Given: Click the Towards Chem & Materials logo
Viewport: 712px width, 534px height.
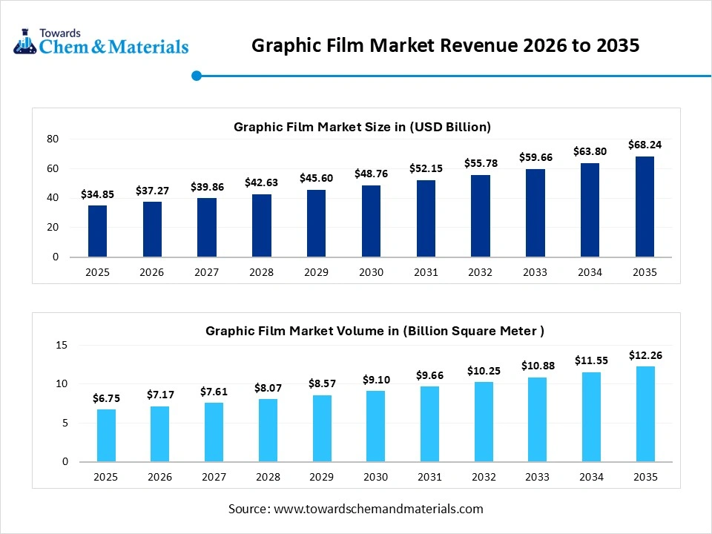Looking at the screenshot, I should [x=101, y=42].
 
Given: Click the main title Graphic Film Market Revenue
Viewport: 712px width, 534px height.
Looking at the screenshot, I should [x=445, y=46].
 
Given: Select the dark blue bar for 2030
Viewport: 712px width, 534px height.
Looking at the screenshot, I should [x=371, y=221].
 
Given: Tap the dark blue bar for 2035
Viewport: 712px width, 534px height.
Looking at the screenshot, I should [x=645, y=207].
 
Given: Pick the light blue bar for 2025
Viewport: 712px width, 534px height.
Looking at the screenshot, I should [x=106, y=435].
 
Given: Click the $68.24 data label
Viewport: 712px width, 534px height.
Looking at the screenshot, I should [x=645, y=145].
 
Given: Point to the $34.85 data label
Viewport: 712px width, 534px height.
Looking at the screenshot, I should [x=97, y=194].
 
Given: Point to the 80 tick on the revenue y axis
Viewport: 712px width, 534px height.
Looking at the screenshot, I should [x=53, y=139].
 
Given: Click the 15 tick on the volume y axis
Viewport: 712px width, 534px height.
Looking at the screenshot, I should [x=62, y=346].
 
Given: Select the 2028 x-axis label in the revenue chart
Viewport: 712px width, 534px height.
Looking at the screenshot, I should [x=261, y=272].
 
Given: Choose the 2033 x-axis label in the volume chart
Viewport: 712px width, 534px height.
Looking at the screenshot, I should [x=536, y=476].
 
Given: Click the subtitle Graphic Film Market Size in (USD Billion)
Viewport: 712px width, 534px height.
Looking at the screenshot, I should [x=362, y=127].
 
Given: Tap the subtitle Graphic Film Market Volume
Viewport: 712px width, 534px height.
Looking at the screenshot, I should [x=375, y=331].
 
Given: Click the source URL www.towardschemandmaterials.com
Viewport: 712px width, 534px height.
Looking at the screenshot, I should [x=378, y=509].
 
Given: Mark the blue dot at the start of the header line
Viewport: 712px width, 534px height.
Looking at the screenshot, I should [x=197, y=76].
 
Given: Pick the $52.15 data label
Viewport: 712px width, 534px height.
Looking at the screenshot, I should [x=426, y=168].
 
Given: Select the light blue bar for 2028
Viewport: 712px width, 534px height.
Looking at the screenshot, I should [x=268, y=430].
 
